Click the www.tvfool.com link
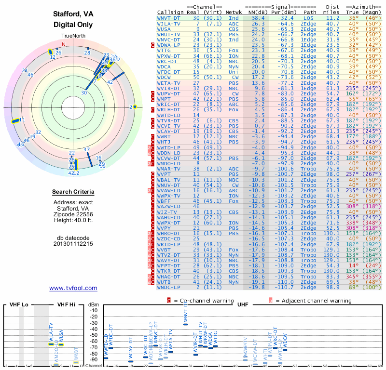73,288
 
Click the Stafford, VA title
73,14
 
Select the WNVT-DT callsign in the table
169,18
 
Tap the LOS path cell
309,18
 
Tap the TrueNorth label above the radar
73,37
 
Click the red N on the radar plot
63,44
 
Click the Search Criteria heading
73,192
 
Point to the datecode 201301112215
73,244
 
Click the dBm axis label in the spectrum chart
94,304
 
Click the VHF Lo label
18,304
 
